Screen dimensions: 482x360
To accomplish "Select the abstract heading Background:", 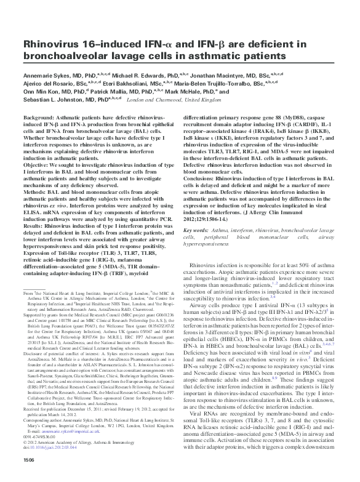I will click(x=42, y=117).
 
